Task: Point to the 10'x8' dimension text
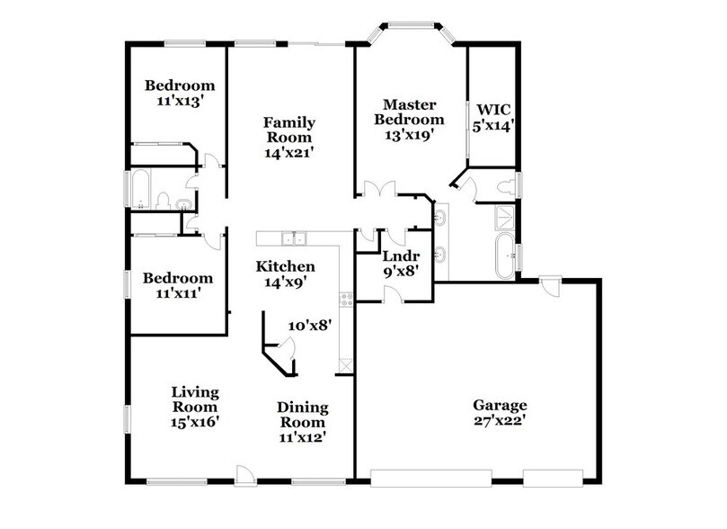(x=311, y=327)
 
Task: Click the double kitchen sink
(x=293, y=238)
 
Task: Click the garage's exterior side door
(x=550, y=285)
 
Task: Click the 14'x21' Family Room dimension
(x=288, y=153)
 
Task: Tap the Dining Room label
(x=302, y=422)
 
